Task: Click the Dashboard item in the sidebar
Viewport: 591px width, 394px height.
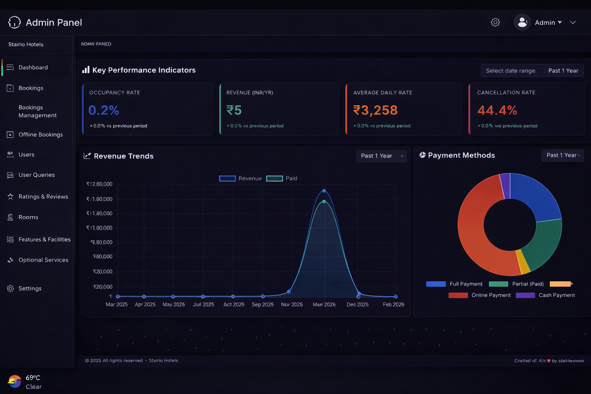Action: (x=33, y=67)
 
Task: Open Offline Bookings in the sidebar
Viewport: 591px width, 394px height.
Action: (x=40, y=135)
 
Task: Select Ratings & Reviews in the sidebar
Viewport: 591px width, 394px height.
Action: (x=43, y=197)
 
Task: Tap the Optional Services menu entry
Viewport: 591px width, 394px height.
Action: (x=43, y=260)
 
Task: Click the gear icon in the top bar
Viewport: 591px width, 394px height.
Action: (x=495, y=22)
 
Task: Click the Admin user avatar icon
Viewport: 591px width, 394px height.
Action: (x=522, y=22)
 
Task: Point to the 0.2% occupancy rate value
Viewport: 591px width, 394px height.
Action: (x=104, y=110)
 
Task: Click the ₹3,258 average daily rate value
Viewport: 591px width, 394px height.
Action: (x=375, y=110)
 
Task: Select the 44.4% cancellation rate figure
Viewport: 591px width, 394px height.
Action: (x=497, y=110)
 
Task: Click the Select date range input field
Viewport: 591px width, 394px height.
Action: (x=511, y=71)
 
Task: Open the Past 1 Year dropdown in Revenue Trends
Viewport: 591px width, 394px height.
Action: (x=381, y=156)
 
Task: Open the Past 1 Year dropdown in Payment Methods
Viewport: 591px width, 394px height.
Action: (x=563, y=155)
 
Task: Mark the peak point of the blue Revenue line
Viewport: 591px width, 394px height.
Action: (x=324, y=191)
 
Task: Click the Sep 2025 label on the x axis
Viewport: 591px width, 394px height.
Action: (x=262, y=304)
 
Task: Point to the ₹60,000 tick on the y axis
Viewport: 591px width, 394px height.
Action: (x=103, y=257)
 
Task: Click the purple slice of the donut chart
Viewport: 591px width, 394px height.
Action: (x=505, y=186)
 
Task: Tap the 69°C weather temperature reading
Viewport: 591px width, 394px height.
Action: (x=33, y=378)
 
